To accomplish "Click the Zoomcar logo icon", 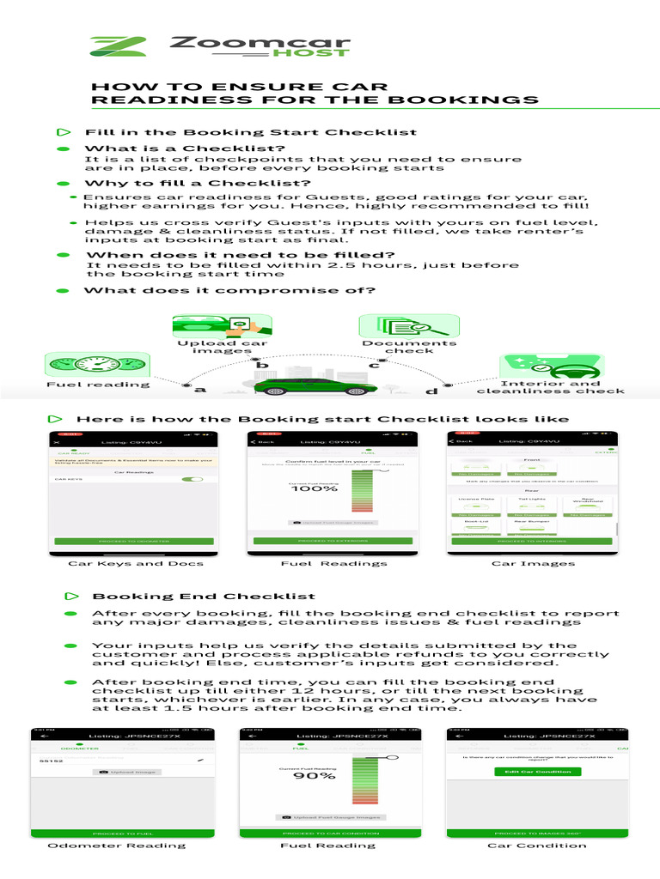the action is [x=118, y=46].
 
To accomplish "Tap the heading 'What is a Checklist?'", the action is [x=185, y=149].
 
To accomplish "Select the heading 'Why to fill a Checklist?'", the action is [x=197, y=183].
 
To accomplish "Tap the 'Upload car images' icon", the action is [x=223, y=327].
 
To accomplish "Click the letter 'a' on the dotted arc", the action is [x=201, y=391].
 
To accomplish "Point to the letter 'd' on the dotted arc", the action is [x=431, y=391].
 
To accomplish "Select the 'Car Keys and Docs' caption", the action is [x=136, y=563].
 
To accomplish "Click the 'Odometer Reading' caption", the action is [x=116, y=846].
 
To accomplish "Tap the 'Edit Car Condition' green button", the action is [x=537, y=772].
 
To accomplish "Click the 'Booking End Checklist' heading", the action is [x=204, y=596].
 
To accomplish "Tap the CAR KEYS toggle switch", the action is [x=184, y=479].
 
